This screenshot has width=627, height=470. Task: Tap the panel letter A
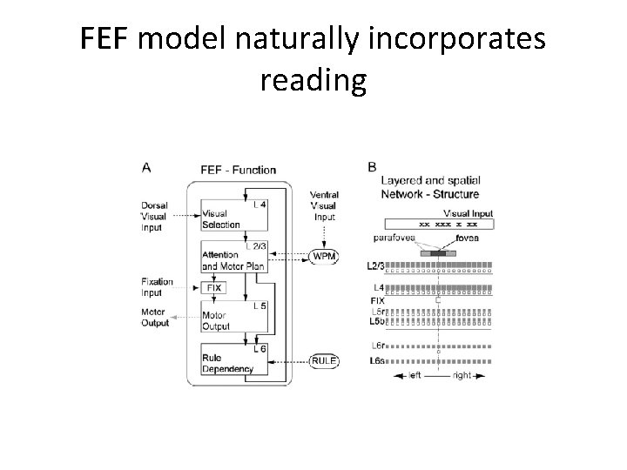[x=145, y=167]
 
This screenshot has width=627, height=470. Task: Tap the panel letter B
[x=372, y=167]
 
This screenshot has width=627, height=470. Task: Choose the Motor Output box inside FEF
[x=223, y=321]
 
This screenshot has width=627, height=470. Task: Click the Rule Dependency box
[x=227, y=363]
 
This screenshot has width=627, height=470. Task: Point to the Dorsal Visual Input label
[x=154, y=217]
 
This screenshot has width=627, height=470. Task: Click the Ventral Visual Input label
[x=325, y=205]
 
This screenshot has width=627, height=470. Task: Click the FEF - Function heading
[x=238, y=170]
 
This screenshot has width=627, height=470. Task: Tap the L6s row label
[x=377, y=359]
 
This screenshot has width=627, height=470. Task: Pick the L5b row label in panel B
[x=377, y=320]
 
